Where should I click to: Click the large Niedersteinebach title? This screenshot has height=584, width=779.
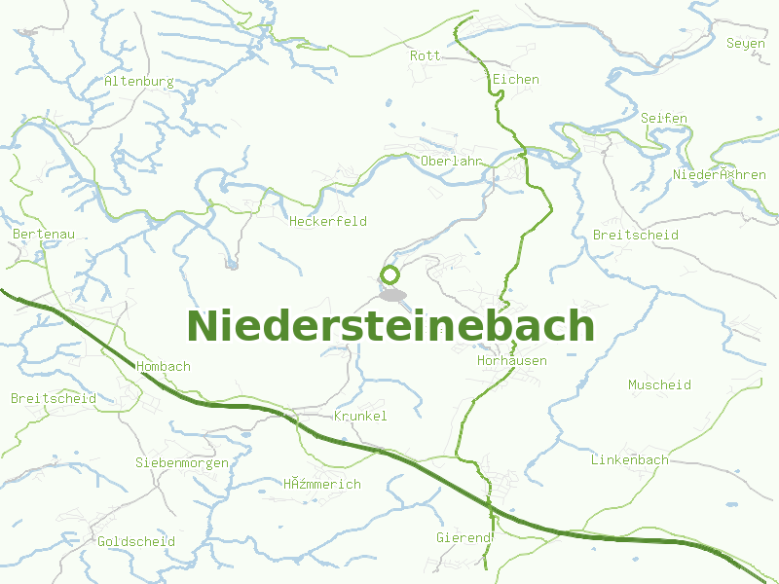389,325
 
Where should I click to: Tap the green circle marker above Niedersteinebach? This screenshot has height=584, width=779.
389,274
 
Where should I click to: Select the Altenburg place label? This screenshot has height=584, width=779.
139,82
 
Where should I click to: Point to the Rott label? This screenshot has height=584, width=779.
425,55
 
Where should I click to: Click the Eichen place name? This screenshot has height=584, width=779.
516,79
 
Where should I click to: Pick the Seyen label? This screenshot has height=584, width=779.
746,44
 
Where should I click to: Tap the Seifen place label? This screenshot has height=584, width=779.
664,118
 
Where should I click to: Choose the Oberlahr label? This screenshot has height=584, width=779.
452,161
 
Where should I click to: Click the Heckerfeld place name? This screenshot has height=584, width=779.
328,221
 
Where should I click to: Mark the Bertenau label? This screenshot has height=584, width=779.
44,235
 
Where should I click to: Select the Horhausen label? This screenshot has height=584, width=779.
512,360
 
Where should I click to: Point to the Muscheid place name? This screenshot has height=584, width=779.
659,384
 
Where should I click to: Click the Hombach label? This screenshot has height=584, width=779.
164,366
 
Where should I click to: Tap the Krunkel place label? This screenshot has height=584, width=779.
360,416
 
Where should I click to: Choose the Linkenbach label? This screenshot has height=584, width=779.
630,459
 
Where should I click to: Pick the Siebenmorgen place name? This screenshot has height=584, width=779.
182,462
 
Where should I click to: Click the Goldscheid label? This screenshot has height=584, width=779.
136,541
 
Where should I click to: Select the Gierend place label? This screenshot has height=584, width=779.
464,537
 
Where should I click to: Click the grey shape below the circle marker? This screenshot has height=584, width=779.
391,294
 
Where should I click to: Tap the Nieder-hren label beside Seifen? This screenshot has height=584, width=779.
720,174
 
